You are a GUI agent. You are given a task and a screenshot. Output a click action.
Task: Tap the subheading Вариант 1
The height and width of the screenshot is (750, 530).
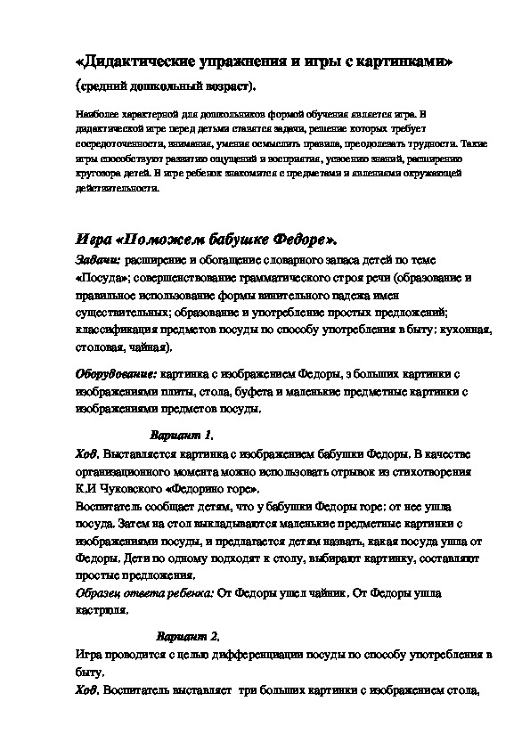pos(183,436)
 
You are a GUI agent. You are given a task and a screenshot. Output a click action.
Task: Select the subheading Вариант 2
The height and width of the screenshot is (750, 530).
pos(188,637)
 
